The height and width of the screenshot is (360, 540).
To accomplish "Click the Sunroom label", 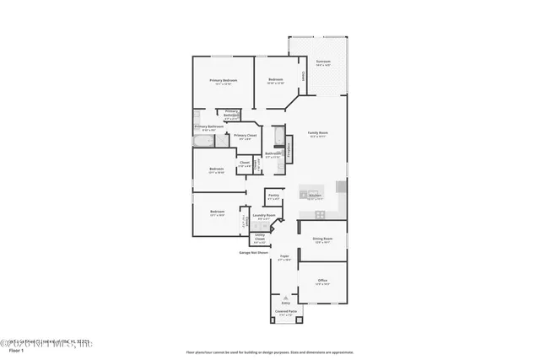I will tap(323, 62).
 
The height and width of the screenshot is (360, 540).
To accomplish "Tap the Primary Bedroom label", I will tap(224, 80).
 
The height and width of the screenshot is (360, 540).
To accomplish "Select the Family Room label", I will tap(318, 133).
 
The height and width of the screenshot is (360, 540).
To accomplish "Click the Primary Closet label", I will tap(246, 136).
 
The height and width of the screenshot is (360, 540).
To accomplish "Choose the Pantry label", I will tap(273, 196).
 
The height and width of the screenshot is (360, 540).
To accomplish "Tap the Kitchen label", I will tap(314, 195).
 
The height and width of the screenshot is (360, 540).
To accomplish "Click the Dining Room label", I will tap(323, 239).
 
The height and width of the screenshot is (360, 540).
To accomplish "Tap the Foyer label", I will tap(284, 256).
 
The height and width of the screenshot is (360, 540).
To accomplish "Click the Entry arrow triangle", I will tap(286, 298).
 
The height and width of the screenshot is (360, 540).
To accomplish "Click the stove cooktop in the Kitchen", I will tap(341, 186).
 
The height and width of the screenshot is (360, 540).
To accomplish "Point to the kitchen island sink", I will tap(304, 195).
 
